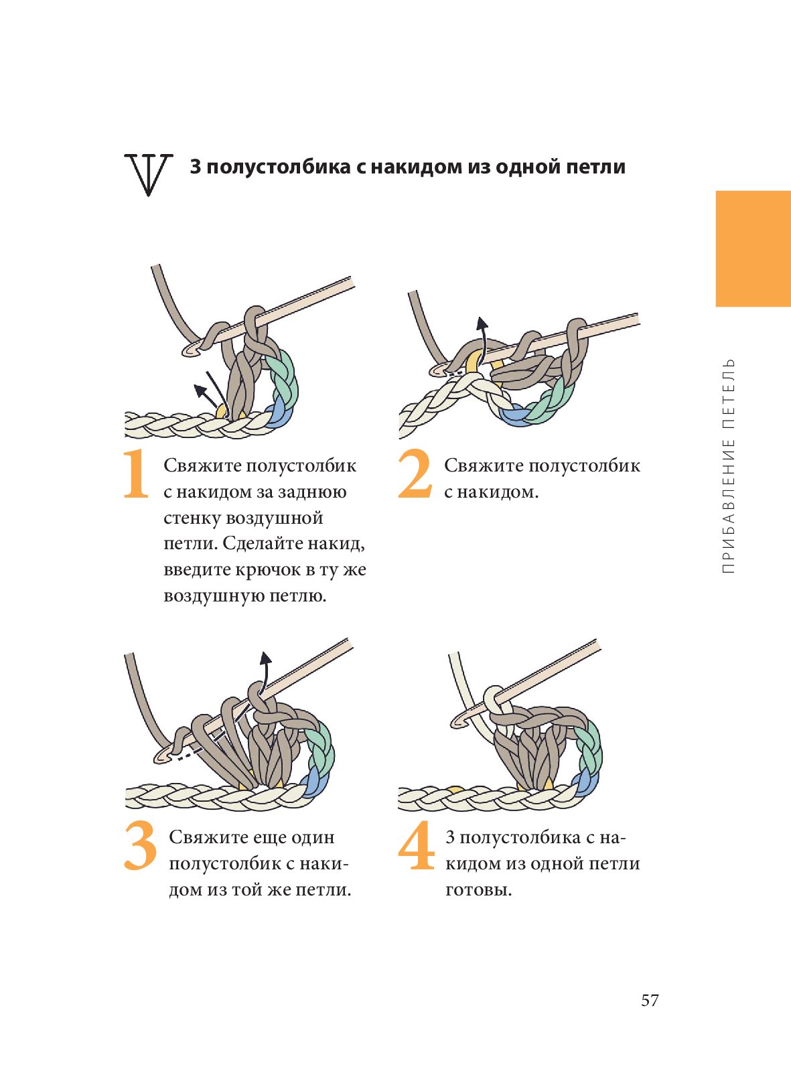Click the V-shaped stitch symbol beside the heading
click(148, 175)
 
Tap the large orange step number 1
click(136, 474)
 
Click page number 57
click(650, 1001)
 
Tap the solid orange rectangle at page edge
click(753, 248)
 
